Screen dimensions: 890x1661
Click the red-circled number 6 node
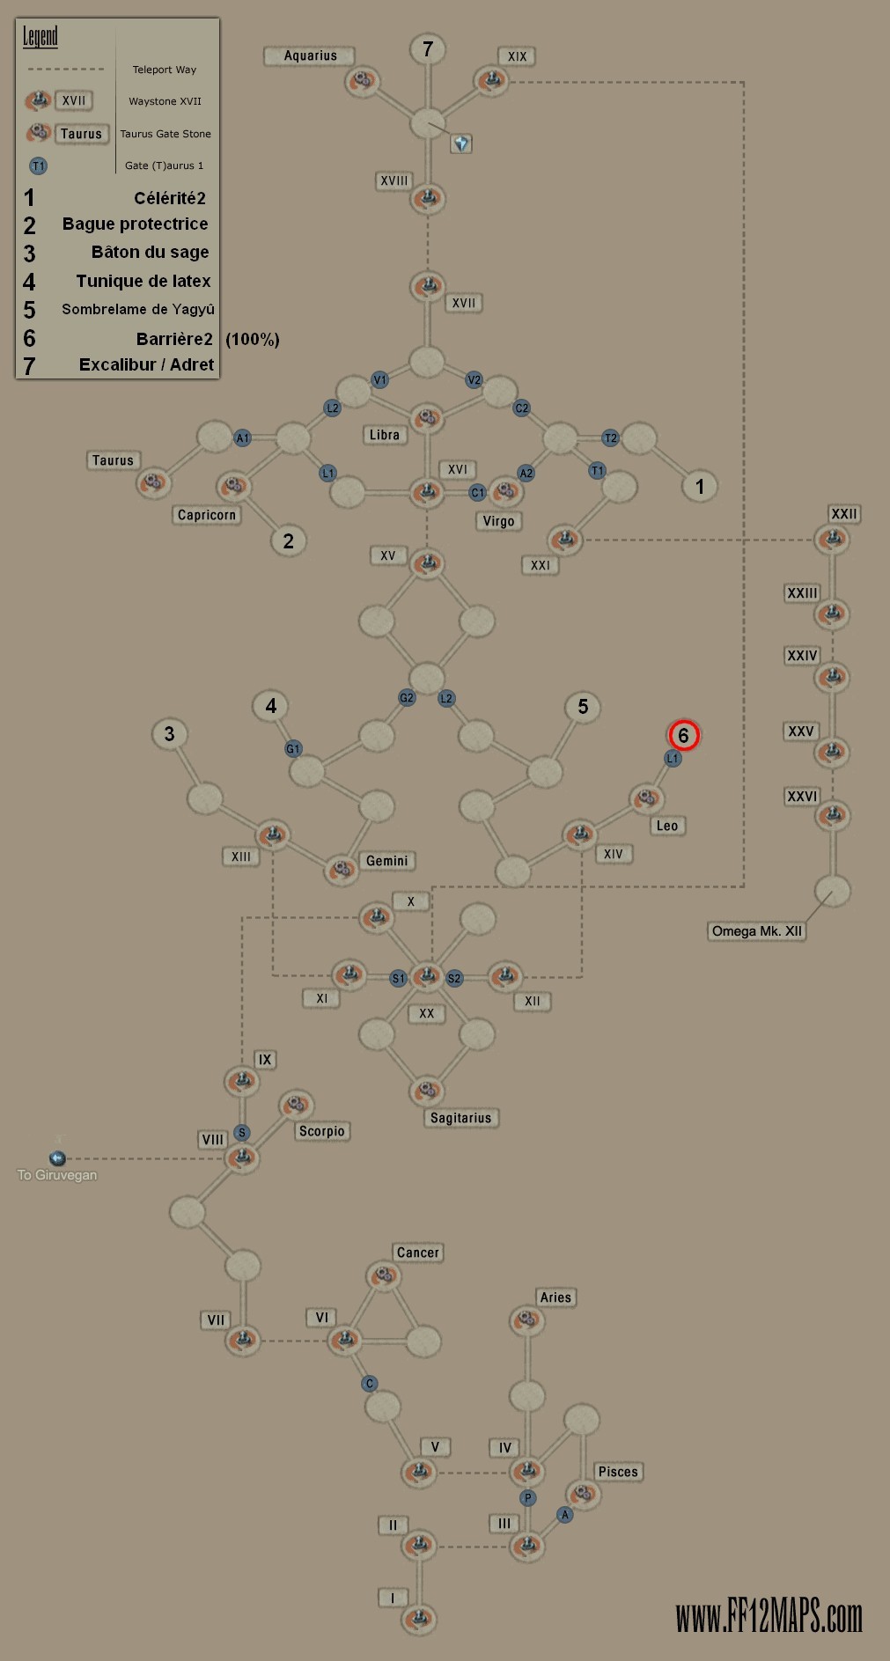(x=683, y=735)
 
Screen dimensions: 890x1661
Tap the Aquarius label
(x=310, y=55)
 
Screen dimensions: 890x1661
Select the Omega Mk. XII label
(x=756, y=931)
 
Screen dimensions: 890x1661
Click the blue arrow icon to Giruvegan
(x=57, y=1158)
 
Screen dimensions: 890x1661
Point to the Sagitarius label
(x=460, y=1118)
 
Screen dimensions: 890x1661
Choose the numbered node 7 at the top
(x=428, y=49)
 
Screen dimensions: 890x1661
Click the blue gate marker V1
(x=379, y=380)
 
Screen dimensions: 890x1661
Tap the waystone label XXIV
(x=802, y=656)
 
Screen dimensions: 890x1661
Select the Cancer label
(x=417, y=1253)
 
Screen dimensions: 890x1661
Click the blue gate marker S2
(x=454, y=978)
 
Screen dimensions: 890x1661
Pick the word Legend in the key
(x=40, y=36)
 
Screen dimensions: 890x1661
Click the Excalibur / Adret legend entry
(x=146, y=364)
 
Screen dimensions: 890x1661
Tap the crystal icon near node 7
(x=461, y=143)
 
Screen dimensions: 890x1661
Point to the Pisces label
(x=618, y=1472)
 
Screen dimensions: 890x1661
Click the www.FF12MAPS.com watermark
(x=769, y=1616)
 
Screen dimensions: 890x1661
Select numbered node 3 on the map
(x=169, y=734)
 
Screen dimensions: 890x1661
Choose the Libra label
(x=384, y=435)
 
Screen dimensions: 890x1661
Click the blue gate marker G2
(x=407, y=698)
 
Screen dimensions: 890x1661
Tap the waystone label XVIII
(x=394, y=181)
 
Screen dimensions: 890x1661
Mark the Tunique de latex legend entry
(x=143, y=281)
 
